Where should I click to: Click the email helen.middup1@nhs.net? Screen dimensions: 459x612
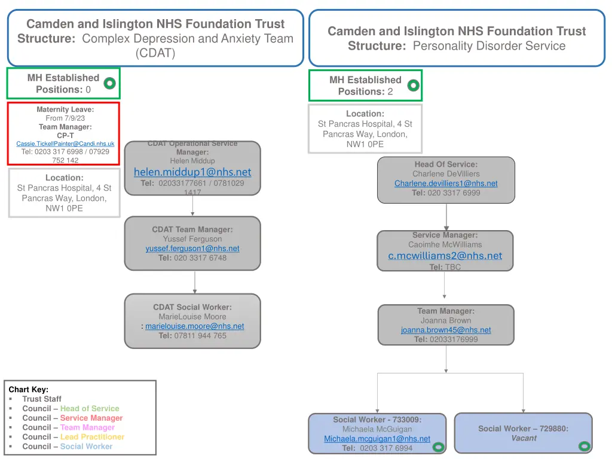(x=192, y=172)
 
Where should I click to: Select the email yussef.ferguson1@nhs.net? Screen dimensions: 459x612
(x=192, y=249)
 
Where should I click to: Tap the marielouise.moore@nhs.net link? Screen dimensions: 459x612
(x=194, y=326)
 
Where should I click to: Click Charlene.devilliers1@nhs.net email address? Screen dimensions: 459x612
(x=446, y=183)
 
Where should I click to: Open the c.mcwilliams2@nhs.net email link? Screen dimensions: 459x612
(x=445, y=256)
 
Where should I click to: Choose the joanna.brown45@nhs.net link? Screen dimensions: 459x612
(x=446, y=330)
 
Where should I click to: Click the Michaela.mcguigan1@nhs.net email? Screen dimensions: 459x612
(x=377, y=439)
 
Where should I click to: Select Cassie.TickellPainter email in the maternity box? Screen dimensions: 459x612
(x=65, y=143)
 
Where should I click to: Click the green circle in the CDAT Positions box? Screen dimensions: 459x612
(x=110, y=84)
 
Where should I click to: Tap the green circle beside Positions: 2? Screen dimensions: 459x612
(x=413, y=85)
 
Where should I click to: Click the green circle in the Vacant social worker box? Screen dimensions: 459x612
(x=584, y=446)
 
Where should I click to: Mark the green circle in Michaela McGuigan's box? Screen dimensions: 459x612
(x=438, y=446)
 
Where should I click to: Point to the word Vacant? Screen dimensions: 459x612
(x=524, y=438)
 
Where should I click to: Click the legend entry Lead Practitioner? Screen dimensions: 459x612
(x=92, y=437)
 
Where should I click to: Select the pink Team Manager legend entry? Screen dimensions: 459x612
(x=87, y=427)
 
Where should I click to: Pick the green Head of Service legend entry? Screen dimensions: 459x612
(x=90, y=408)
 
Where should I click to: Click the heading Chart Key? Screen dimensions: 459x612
(x=29, y=389)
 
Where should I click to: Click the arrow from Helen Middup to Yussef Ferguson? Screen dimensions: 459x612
(x=192, y=206)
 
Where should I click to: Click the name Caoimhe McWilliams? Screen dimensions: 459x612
(x=445, y=244)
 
